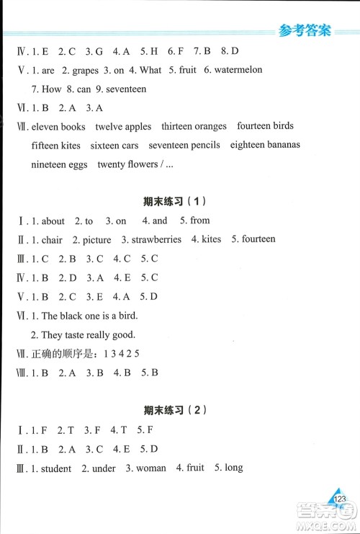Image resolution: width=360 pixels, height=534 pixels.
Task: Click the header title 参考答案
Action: [303, 30]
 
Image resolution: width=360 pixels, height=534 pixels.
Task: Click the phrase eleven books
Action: [58, 127]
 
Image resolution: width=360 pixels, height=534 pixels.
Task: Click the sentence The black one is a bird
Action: [89, 316]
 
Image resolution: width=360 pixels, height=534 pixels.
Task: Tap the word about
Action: [53, 221]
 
